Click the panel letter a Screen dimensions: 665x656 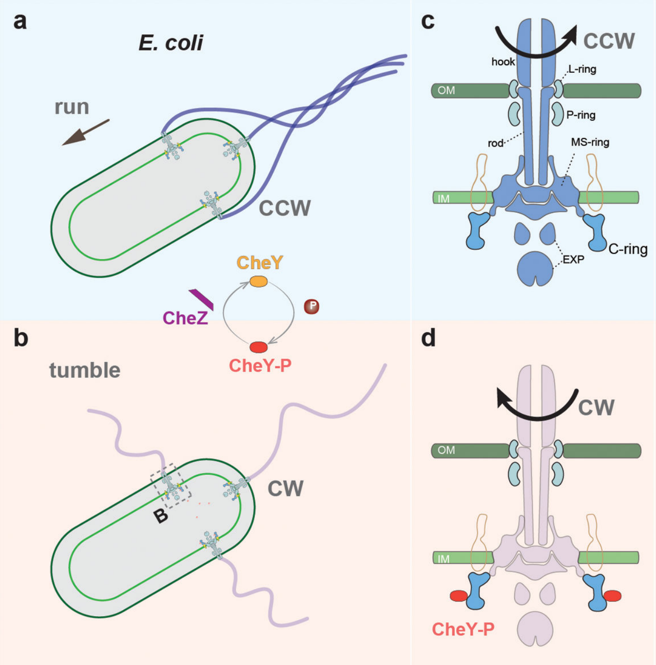20,22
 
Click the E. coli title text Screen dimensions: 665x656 171,43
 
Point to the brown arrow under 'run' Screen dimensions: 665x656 86,132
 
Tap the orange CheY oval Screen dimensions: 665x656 258,281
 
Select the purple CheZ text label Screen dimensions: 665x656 185,318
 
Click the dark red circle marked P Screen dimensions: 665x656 312,306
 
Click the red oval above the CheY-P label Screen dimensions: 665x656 258,347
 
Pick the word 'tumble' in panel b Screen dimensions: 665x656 85,370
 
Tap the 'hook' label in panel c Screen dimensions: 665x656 503,62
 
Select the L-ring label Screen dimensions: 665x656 582,69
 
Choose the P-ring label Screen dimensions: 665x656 581,115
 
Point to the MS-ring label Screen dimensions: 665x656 590,142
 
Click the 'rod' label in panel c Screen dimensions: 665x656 495,143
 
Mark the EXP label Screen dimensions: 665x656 573,259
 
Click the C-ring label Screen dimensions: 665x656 628,249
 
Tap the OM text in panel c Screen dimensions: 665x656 446,90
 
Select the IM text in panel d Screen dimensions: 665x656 443,558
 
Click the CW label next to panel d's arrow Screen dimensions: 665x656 596,408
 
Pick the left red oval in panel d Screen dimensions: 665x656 459,596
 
